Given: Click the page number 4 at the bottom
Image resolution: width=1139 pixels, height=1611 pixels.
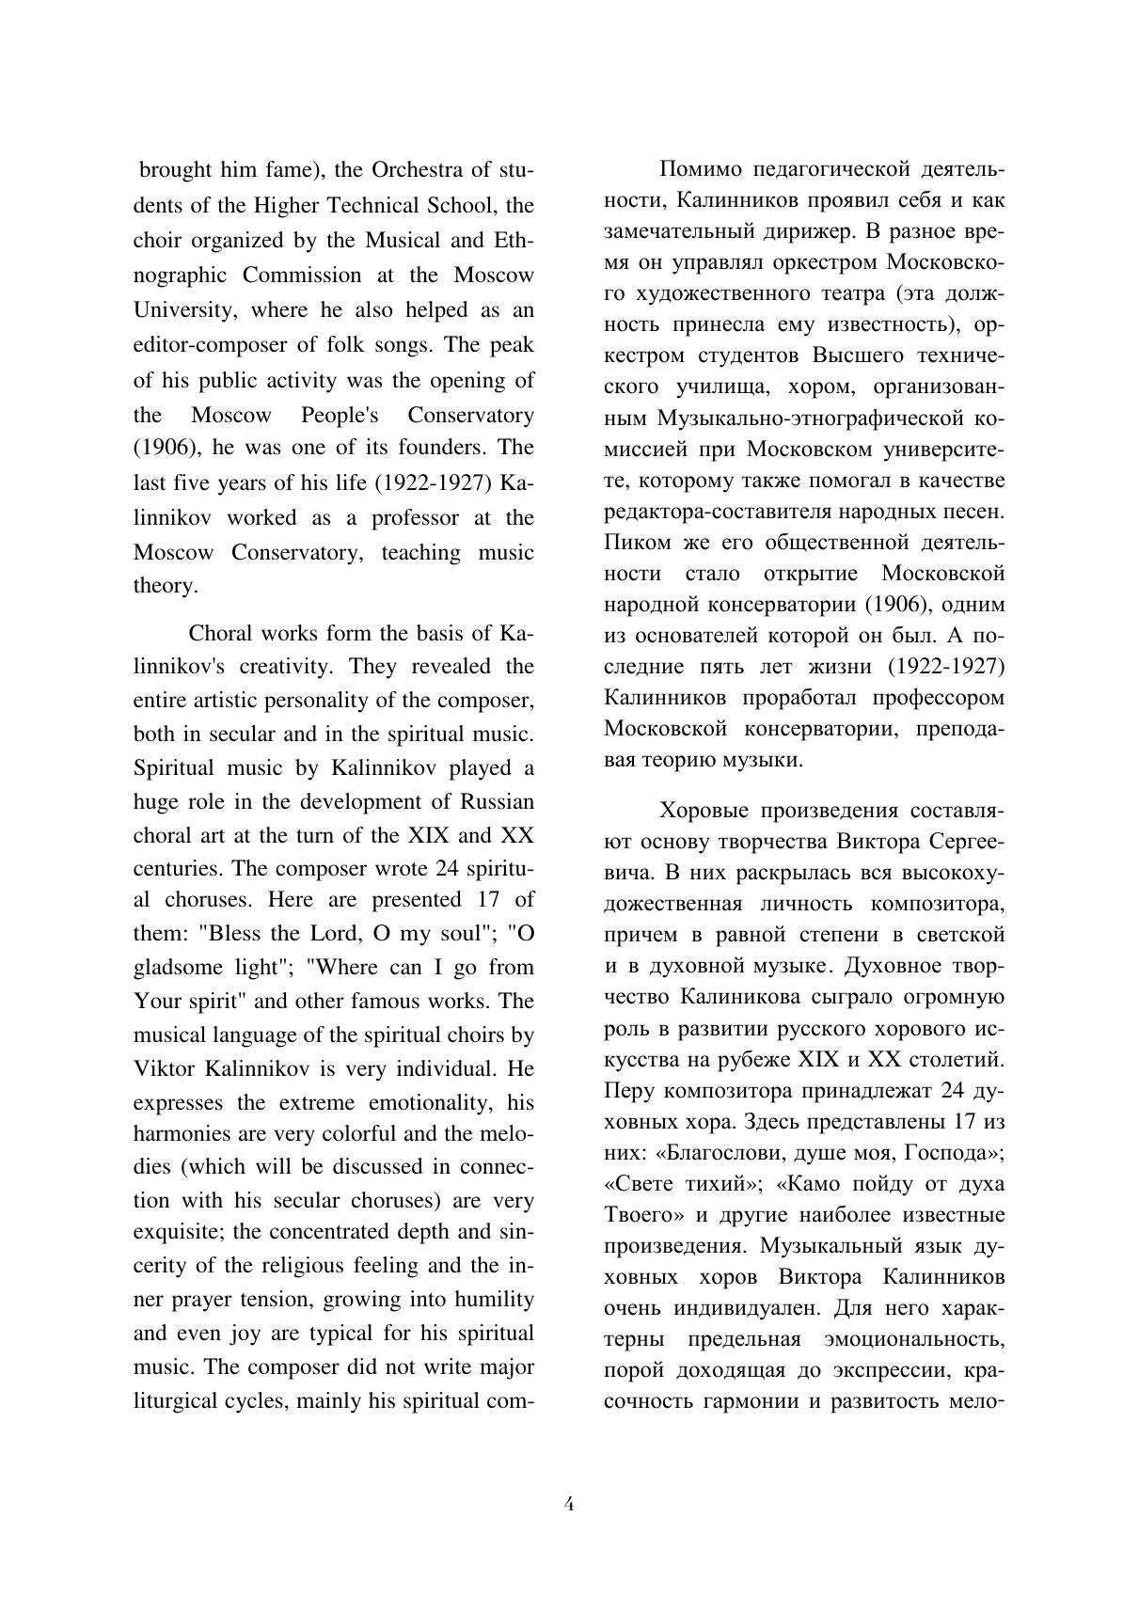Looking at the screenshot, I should coord(569,1504).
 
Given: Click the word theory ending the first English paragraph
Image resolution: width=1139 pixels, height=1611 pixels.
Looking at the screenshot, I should coord(165,586).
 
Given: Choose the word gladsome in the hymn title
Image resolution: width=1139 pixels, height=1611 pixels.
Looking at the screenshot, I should coord(175,968).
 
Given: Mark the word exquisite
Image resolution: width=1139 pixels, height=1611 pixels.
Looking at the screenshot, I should coord(178,1232).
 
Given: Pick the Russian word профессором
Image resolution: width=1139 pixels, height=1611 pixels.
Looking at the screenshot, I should coord(921,699).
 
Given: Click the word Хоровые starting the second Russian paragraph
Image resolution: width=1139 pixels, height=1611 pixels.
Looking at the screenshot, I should coord(704,811).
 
